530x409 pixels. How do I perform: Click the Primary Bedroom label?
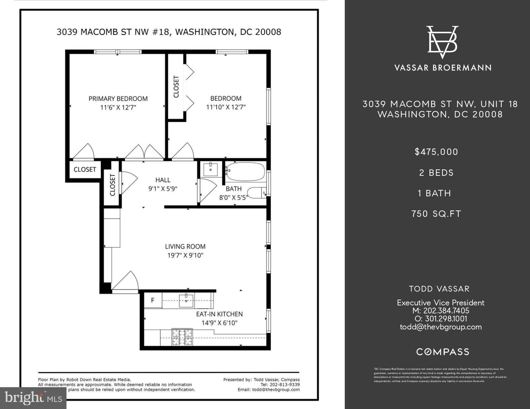point(118,98)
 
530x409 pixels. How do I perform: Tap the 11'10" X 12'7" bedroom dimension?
point(226,107)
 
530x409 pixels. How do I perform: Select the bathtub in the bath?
point(245,172)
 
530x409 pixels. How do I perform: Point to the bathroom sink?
point(211,169)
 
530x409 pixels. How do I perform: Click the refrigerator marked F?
point(153,301)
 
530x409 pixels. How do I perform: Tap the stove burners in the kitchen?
point(182,337)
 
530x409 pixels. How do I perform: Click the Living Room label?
point(185,246)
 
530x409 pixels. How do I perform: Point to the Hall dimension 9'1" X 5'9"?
point(163,189)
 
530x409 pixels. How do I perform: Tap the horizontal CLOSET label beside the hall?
point(85,169)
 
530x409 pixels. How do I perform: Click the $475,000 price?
point(436,152)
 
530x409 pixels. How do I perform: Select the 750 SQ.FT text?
point(436,214)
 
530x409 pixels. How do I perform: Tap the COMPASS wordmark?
point(443,352)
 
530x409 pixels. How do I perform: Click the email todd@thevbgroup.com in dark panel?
point(440,327)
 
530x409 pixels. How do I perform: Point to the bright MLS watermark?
point(33,398)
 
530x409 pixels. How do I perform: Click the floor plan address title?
point(169,32)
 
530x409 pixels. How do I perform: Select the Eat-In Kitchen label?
point(219,314)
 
